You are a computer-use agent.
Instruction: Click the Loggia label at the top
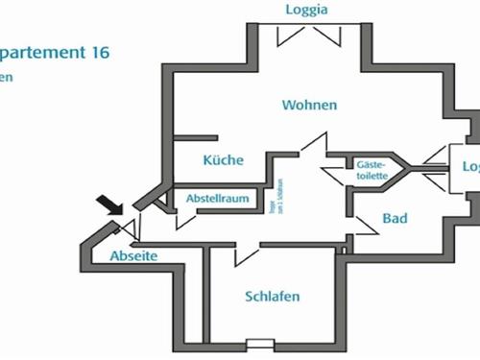click(307, 11)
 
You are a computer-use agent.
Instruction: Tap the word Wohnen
click(309, 105)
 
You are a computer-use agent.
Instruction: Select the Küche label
click(223, 160)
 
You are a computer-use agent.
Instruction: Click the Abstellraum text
click(218, 199)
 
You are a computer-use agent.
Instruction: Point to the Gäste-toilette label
click(372, 170)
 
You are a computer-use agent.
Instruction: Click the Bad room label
click(395, 219)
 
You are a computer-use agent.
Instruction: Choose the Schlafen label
click(272, 296)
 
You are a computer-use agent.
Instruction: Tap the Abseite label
click(132, 256)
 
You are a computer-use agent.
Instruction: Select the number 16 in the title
click(100, 54)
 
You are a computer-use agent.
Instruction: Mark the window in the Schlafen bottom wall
click(259, 343)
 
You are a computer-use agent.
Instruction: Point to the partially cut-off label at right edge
click(470, 166)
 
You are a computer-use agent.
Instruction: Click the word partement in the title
click(43, 54)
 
